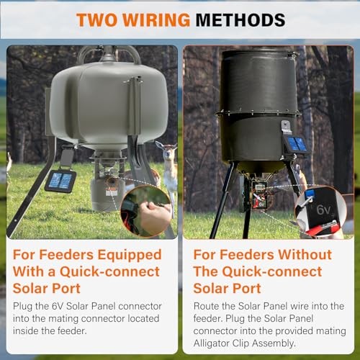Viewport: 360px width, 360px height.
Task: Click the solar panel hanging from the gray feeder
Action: point(60,181)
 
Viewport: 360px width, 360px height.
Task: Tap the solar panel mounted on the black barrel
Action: point(295,144)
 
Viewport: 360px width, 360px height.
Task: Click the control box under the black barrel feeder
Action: point(257,194)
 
